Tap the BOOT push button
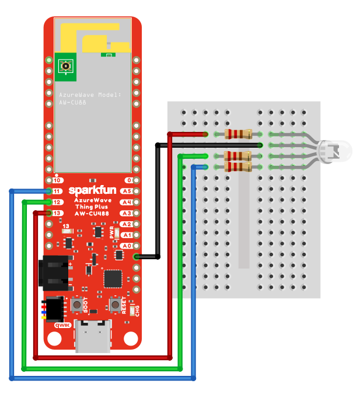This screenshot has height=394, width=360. click(x=77, y=305)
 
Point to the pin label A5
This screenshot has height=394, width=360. click(x=126, y=191)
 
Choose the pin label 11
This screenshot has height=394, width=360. click(x=57, y=191)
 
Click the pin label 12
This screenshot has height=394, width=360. click(x=57, y=202)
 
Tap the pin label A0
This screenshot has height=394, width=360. click(x=126, y=246)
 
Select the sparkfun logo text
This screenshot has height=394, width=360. click(x=93, y=190)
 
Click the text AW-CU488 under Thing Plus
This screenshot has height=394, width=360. click(x=93, y=214)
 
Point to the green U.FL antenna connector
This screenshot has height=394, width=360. click(x=67, y=66)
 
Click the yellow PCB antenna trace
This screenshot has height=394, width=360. click(x=93, y=36)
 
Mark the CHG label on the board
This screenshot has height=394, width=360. click(x=138, y=311)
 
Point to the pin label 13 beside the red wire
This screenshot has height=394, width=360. click(x=57, y=213)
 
